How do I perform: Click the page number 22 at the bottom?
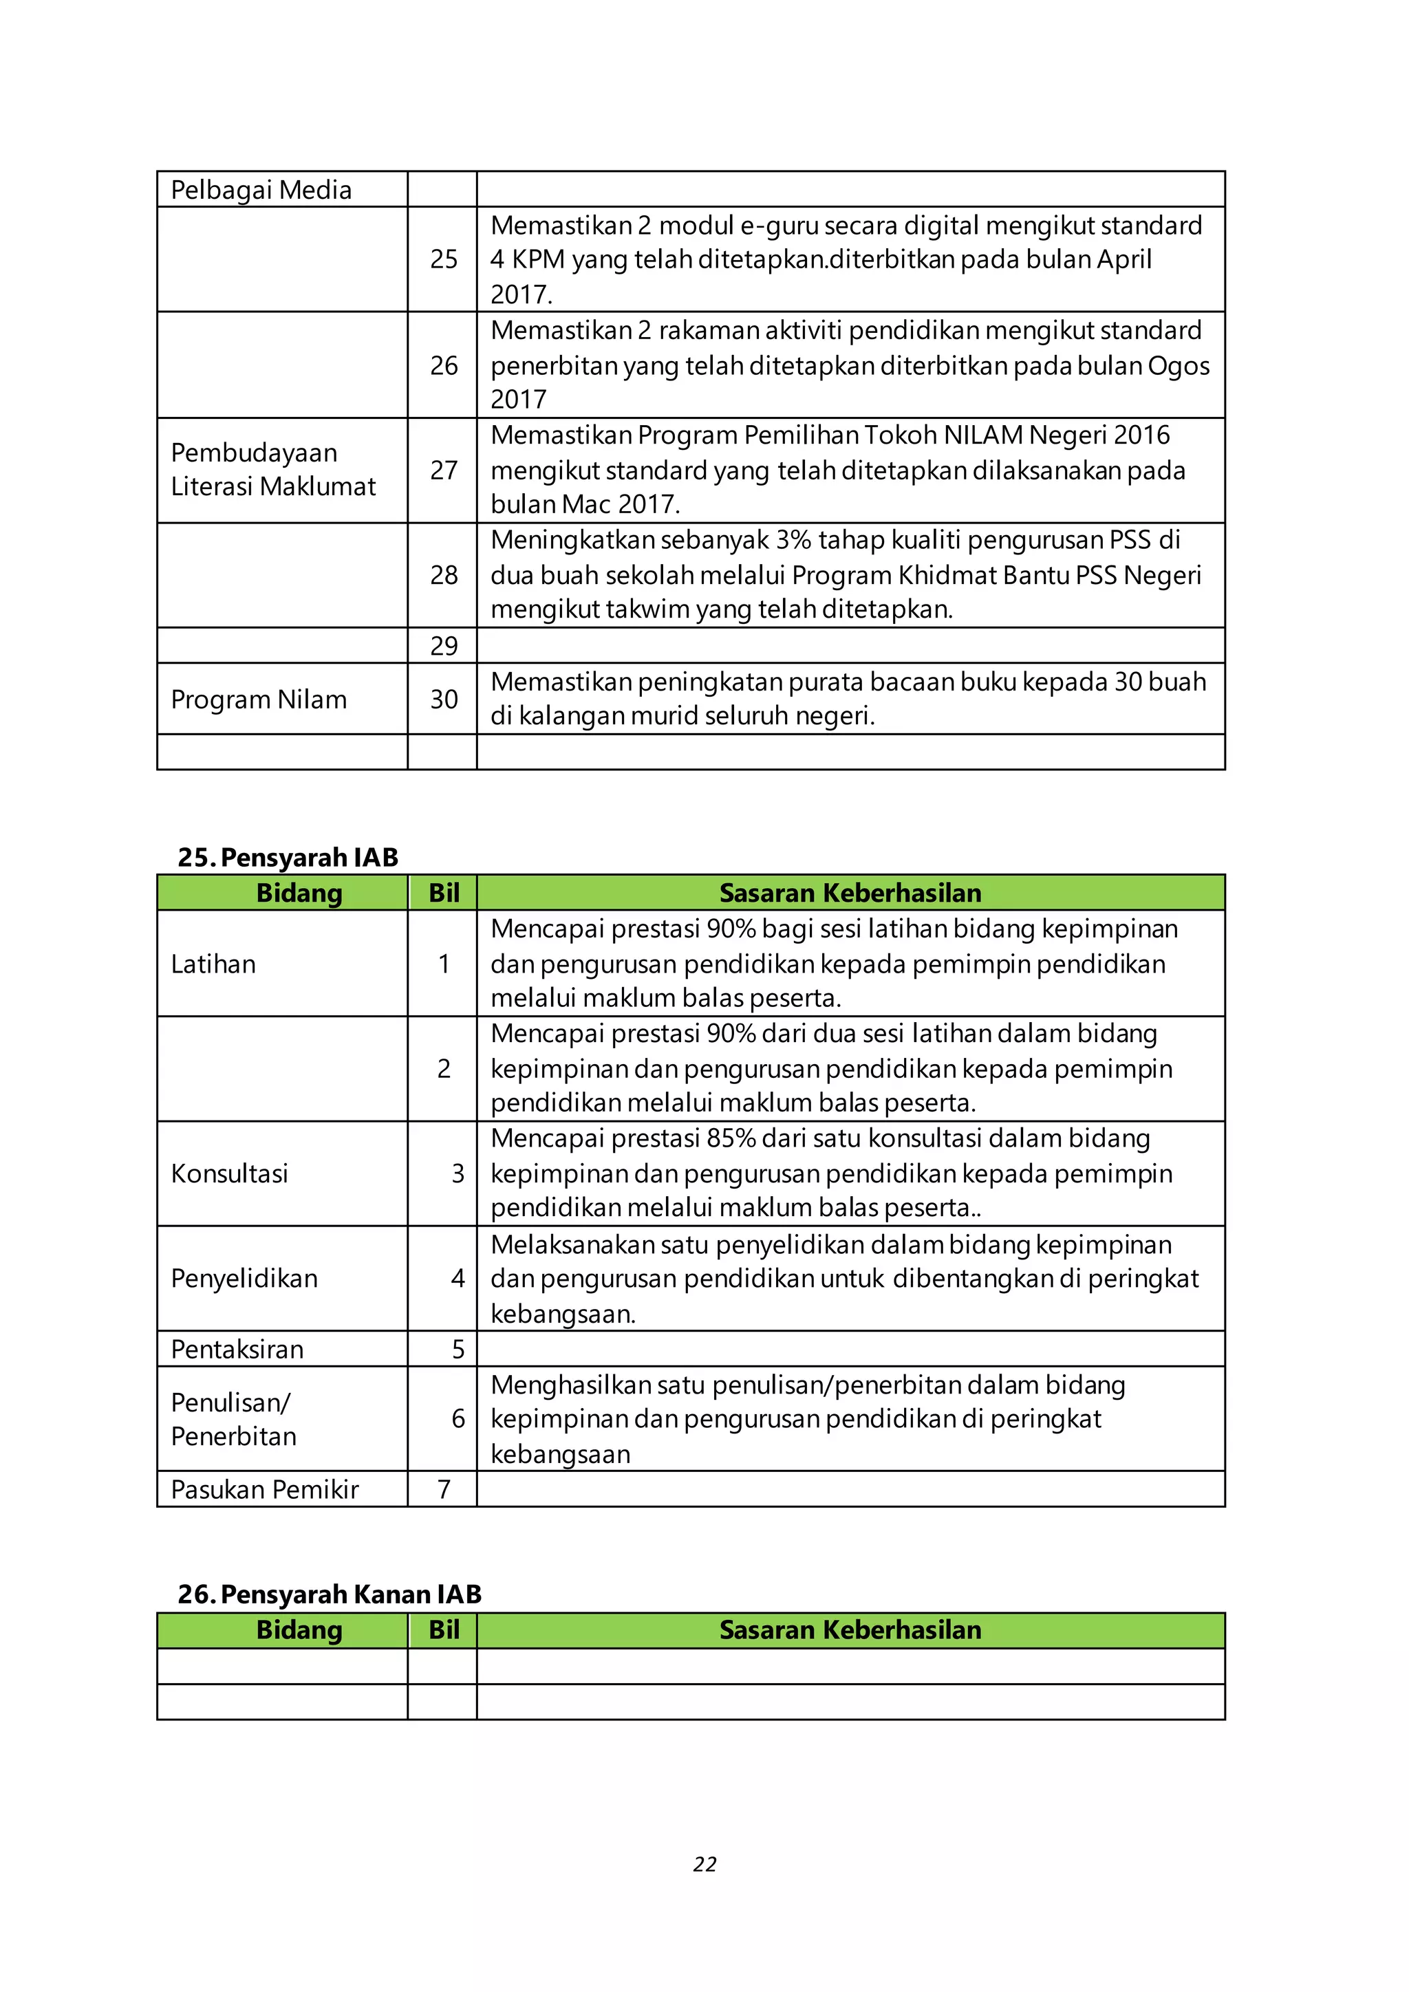[x=704, y=1863]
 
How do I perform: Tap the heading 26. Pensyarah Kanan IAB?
[x=329, y=1594]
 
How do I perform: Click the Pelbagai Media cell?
[x=261, y=189]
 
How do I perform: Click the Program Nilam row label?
[x=259, y=700]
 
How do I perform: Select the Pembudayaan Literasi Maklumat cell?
[x=272, y=469]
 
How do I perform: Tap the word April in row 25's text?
[x=1123, y=259]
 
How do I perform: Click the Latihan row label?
[x=213, y=964]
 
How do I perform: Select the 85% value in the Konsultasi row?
[x=731, y=1138]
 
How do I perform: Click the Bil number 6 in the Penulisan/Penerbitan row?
[x=458, y=1418]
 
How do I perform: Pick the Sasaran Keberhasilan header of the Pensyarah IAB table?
[x=850, y=893]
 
